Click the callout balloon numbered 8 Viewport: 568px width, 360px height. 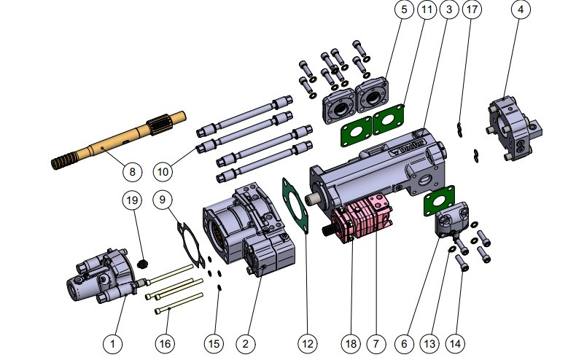pyautogui.click(x=132, y=172)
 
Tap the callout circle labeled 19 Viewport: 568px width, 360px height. pyautogui.click(x=131, y=199)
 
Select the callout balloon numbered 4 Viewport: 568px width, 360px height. pyautogui.click(x=521, y=9)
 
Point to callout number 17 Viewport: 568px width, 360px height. pyautogui.click(x=472, y=9)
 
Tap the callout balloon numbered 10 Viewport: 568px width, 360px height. pyautogui.click(x=163, y=172)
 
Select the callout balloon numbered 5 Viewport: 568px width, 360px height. pyautogui.click(x=403, y=9)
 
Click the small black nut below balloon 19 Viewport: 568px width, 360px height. pyautogui.click(x=144, y=262)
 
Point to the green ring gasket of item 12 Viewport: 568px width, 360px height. pyautogui.click(x=296, y=203)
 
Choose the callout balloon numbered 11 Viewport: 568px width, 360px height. pyautogui.click(x=427, y=9)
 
